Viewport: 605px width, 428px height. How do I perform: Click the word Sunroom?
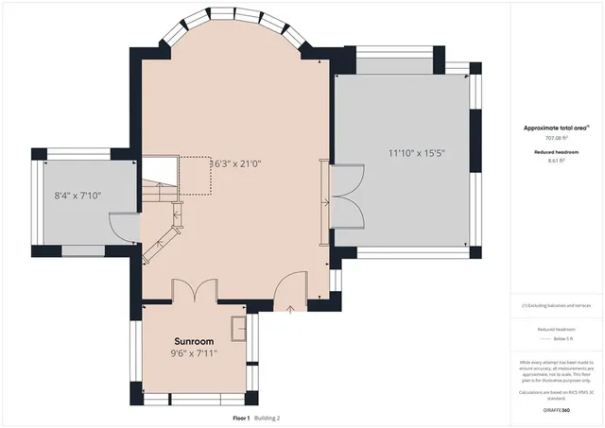coord(193,340)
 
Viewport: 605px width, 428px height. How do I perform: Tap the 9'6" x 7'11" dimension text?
coord(193,353)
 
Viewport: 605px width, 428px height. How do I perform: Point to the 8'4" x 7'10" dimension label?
coord(78,196)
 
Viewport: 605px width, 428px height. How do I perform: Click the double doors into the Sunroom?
coord(194,291)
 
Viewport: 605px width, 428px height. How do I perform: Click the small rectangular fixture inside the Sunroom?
coord(240,328)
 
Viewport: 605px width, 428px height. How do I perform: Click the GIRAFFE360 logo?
coord(559,410)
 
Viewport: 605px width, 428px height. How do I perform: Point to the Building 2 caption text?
coord(265,418)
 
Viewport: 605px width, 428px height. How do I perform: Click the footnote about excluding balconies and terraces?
coord(558,305)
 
